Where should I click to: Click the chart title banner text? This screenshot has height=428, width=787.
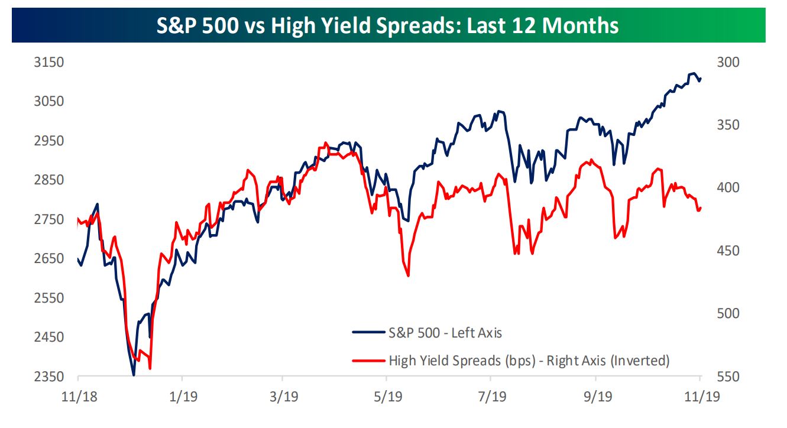pos(388,26)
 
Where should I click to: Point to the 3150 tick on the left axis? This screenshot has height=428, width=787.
pos(50,62)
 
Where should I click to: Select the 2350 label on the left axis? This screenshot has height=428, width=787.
pos(50,377)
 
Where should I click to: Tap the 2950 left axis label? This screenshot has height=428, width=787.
pos(50,141)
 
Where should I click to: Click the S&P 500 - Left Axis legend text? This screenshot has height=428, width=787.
pos(445,333)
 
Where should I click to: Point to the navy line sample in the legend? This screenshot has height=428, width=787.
pos(367,333)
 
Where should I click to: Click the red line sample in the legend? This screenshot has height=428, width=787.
pos(367,360)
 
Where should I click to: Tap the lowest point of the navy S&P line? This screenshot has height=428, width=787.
pos(134,375)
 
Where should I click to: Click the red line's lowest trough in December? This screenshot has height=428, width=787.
pos(150,369)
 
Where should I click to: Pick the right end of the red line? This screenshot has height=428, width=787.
pos(701,207)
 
